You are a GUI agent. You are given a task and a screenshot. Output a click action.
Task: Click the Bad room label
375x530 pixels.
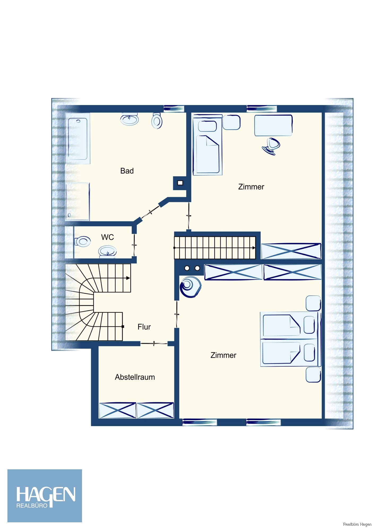pos(127,171)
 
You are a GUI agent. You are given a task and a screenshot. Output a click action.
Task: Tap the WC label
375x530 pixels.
pos(107,237)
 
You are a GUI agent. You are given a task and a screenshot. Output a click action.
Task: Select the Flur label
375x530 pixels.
pos(144,327)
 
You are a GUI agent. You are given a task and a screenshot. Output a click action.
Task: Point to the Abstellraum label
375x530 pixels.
pos(135,377)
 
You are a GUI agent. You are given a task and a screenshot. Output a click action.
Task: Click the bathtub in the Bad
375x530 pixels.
pos(78,138)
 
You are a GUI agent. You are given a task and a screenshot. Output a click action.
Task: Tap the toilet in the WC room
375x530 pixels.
pos(83,241)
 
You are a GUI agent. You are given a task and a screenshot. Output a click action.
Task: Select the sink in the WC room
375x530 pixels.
pos(107,251)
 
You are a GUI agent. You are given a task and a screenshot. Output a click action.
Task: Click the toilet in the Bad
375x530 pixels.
pos(157,121)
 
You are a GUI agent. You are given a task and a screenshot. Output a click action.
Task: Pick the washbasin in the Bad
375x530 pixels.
pos(130,119)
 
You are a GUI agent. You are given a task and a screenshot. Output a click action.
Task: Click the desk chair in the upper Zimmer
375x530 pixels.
pos(271,146)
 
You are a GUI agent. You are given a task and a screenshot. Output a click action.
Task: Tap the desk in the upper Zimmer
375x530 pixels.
pos(273,125)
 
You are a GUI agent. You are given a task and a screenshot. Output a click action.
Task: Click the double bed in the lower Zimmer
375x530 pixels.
pos(291,339)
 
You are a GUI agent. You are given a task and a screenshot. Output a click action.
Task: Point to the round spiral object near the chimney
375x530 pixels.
pos(190,287)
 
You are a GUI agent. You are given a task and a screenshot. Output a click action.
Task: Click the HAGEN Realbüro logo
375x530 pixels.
pos(45,496)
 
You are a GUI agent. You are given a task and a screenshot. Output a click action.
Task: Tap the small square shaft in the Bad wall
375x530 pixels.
pos(180,183)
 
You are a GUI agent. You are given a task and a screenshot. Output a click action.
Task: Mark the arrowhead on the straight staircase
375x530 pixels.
pos(254,248)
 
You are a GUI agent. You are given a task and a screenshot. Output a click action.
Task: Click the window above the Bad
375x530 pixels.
pos(174,108)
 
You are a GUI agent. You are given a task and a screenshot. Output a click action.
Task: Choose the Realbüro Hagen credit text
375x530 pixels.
pos(357,524)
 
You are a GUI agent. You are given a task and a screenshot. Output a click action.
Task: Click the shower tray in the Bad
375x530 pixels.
pos(77,202)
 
